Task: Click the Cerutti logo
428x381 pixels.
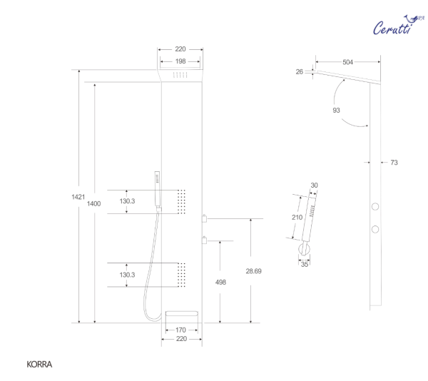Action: pos(398,25)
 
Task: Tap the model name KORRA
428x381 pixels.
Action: pos(39,365)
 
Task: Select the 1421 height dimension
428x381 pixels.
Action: pos(78,197)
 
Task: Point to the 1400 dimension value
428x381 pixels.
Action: pos(93,203)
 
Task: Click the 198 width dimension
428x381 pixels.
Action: pos(180,61)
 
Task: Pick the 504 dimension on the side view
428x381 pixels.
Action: pos(348,62)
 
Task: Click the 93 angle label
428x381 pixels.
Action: pos(336,111)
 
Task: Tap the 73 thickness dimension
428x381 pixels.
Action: pos(394,163)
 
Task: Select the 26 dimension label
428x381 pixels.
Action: pos(300,72)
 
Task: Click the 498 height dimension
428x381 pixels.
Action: pos(220,283)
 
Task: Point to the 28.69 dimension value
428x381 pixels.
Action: pos(253,271)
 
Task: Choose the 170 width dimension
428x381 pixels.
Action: pos(180,330)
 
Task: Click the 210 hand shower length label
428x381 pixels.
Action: pos(297,217)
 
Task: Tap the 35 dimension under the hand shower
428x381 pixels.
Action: pos(305,264)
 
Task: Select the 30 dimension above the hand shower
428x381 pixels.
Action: pos(314,186)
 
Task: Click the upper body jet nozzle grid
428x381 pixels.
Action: pos(181,202)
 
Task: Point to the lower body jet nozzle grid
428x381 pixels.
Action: pos(181,275)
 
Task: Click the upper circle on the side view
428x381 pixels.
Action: pos(375,207)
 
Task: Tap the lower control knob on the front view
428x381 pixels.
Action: pos(204,240)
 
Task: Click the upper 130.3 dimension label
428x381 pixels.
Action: pos(127,201)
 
